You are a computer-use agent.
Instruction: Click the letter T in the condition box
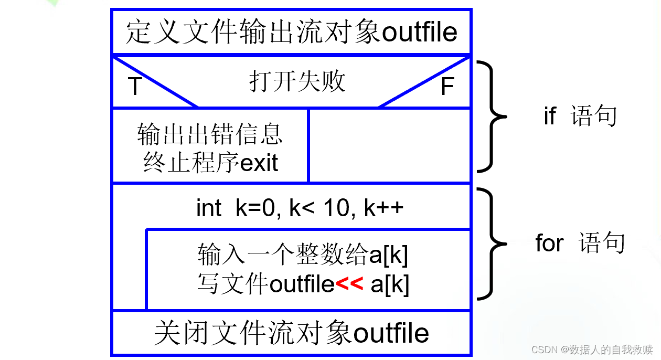point(135,87)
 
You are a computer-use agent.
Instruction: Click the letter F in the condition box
point(447,87)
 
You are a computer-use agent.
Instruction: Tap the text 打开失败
point(297,82)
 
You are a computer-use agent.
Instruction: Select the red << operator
point(349,284)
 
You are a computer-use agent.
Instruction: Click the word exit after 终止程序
point(259,163)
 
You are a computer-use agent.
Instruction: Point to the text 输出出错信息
point(210,134)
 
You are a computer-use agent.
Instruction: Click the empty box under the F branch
point(389,145)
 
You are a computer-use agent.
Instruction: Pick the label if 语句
point(580,116)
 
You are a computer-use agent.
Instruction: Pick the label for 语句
point(580,243)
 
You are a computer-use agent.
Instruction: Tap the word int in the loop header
point(209,208)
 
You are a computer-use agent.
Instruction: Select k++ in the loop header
point(383,208)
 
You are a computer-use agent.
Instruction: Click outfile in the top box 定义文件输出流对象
point(420,33)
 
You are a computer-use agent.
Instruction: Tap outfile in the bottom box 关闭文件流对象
point(391,334)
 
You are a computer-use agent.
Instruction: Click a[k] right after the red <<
point(390,284)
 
